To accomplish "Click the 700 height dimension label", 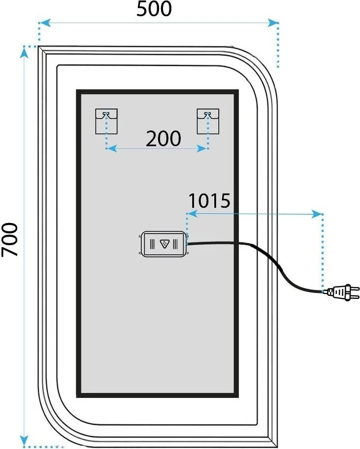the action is click(10, 240).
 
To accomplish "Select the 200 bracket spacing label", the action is click(163, 139).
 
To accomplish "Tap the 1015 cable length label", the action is click(209, 200).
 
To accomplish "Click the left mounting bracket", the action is click(106, 121).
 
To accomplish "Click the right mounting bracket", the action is click(208, 121).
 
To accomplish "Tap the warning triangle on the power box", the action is click(164, 244).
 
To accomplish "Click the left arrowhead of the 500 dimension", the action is click(45, 23).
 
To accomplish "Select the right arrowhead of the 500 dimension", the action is click(273, 23).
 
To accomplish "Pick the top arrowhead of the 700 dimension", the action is click(24, 52).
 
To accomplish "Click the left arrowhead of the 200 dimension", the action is click(111, 148).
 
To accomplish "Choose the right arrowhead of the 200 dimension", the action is click(202, 148).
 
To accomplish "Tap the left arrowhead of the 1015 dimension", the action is click(192, 214).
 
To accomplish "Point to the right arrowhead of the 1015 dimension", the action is click(317, 214).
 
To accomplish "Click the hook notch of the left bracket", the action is click(106, 114).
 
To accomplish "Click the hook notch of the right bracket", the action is click(208, 114).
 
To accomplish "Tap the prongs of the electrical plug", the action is click(355, 292).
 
